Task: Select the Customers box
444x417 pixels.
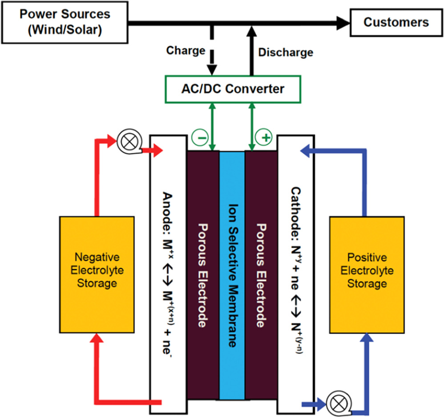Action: tap(396, 22)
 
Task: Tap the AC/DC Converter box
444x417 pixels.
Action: tap(233, 89)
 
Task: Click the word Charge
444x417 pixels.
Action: tap(186, 50)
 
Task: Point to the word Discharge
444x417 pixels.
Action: tap(285, 53)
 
